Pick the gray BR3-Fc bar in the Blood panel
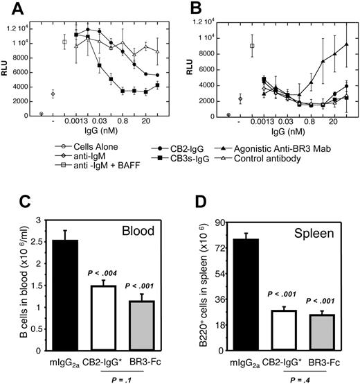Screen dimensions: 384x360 click(136, 325)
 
